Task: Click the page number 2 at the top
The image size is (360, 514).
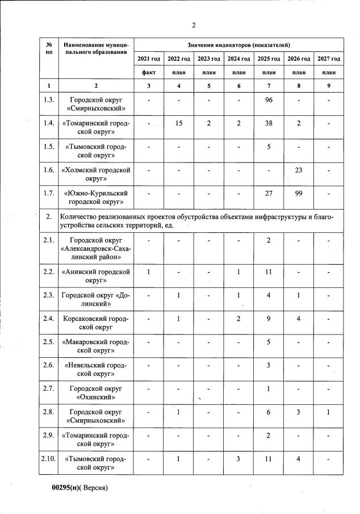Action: point(193,24)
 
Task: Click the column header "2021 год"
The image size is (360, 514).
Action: point(149,59)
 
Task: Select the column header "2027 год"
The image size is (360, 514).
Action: point(329,59)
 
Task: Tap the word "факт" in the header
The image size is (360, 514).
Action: point(149,73)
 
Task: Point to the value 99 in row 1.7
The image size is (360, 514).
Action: point(299,193)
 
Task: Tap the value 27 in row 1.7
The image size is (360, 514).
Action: point(269,193)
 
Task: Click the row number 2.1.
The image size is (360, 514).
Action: point(49,240)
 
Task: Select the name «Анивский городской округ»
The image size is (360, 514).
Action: point(96,276)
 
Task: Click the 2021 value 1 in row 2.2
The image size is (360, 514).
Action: point(149,272)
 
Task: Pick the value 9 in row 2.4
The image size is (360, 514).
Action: point(269,319)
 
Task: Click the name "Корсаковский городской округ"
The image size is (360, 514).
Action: point(96,323)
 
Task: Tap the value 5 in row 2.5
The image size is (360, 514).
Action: point(269,342)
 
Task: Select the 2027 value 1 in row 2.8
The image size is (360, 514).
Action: point(329,412)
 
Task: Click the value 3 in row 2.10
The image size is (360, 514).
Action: point(239,459)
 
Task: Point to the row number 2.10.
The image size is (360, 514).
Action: point(49,459)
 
